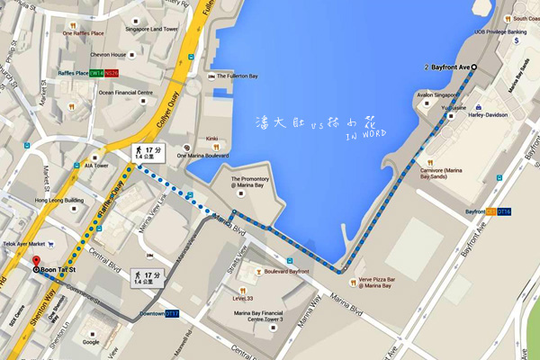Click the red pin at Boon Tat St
tap(37, 267)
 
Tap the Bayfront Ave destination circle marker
tap(474, 67)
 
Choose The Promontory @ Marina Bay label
tap(248, 184)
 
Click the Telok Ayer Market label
tap(22, 244)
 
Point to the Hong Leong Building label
tap(59, 200)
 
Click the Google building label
tap(90, 342)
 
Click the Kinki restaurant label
tap(212, 139)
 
